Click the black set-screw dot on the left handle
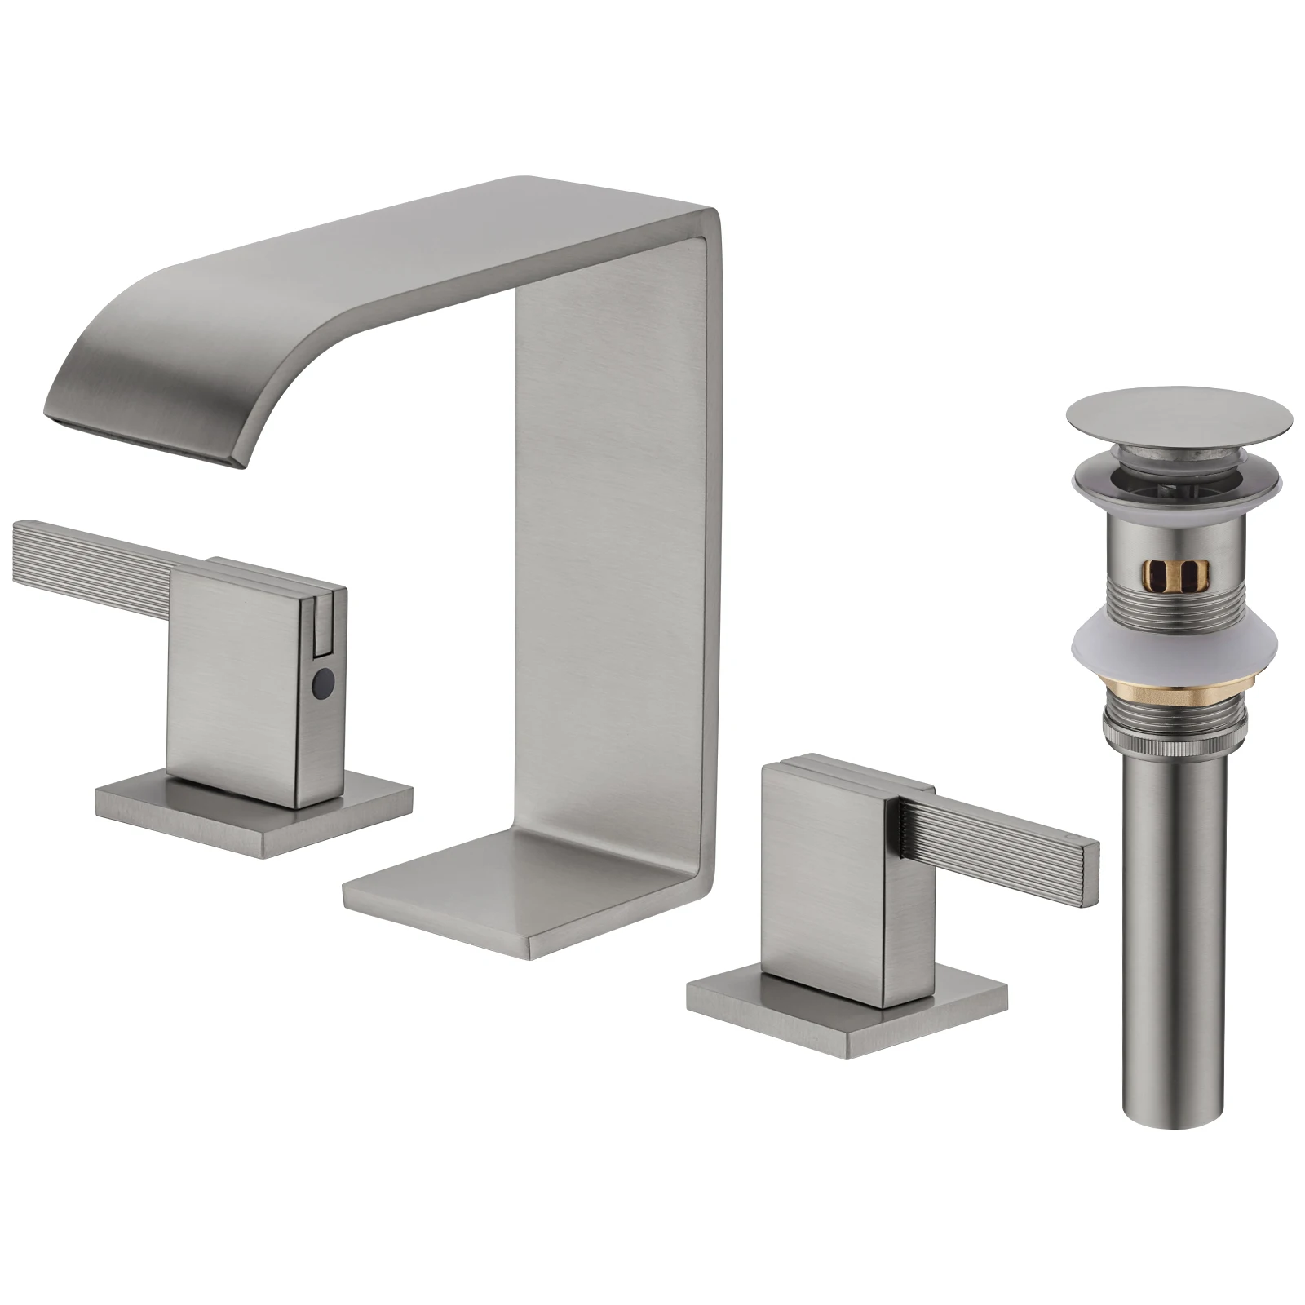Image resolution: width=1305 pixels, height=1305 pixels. (x=325, y=677)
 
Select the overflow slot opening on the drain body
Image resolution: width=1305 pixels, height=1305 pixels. (x=1179, y=573)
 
